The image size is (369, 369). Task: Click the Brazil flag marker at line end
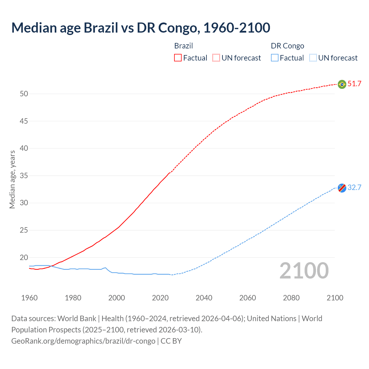click(342, 84)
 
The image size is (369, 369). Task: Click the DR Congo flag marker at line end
click(342, 188)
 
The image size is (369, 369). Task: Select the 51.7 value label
click(354, 84)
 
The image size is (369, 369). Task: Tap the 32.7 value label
click(354, 187)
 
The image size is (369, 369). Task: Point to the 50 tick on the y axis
click(24, 94)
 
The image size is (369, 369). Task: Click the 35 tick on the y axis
click(24, 176)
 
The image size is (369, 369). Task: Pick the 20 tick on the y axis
click(24, 257)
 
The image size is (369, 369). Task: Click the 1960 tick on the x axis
click(29, 298)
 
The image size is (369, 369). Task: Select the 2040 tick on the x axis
click(204, 298)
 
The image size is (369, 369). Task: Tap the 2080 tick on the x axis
click(291, 298)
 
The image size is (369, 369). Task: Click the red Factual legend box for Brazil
click(178, 58)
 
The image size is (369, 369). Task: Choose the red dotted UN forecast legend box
click(216, 58)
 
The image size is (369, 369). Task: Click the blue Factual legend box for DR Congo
click(275, 58)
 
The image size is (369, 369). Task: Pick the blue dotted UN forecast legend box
click(313, 58)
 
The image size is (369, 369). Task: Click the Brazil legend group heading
click(183, 46)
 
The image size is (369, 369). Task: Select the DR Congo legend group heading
click(287, 46)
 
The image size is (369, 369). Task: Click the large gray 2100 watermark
click(304, 271)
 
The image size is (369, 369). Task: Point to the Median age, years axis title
click(12, 179)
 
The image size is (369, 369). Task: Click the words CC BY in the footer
click(171, 341)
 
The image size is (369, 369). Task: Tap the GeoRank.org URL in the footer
click(83, 341)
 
